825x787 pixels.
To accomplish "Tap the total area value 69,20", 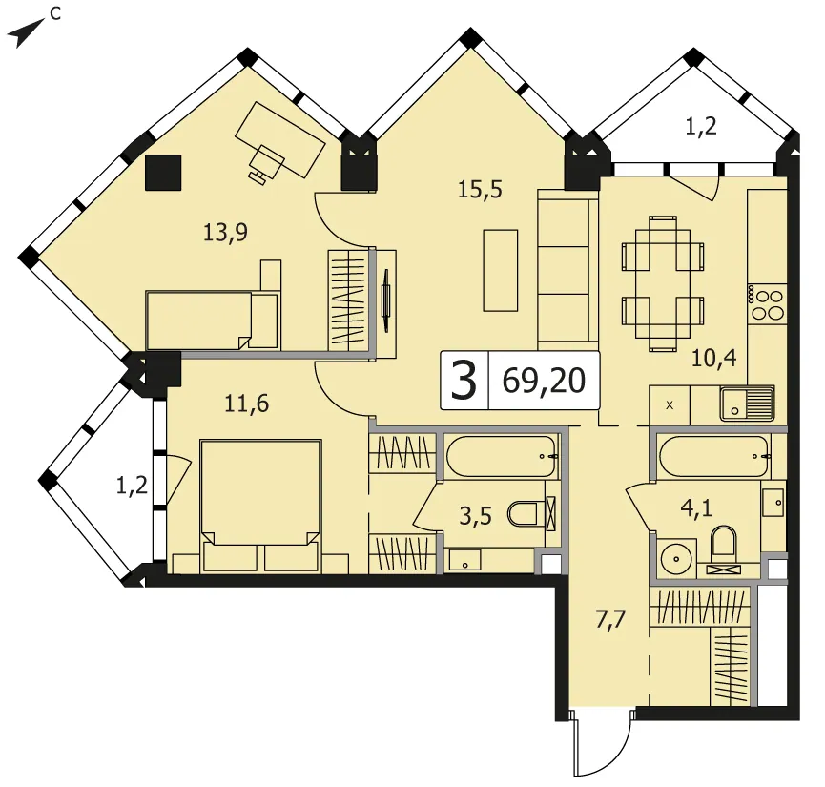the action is click(x=544, y=381).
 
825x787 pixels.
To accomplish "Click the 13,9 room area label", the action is click(x=225, y=232).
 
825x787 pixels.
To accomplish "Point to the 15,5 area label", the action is click(x=480, y=189).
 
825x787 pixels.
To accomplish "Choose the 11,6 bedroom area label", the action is click(x=246, y=404).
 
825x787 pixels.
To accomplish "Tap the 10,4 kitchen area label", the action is click(x=714, y=358).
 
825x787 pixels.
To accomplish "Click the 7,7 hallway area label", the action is click(x=610, y=620).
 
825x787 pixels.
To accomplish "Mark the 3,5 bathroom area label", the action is click(x=475, y=516).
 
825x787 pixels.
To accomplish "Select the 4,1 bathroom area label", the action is click(x=696, y=508).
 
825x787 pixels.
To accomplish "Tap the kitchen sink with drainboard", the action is click(x=747, y=404).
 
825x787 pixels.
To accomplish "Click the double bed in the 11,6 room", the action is click(x=260, y=506).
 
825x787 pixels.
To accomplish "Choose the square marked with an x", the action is click(x=670, y=404).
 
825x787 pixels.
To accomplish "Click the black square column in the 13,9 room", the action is click(x=163, y=172).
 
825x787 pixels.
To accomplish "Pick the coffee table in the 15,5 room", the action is click(x=501, y=270).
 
